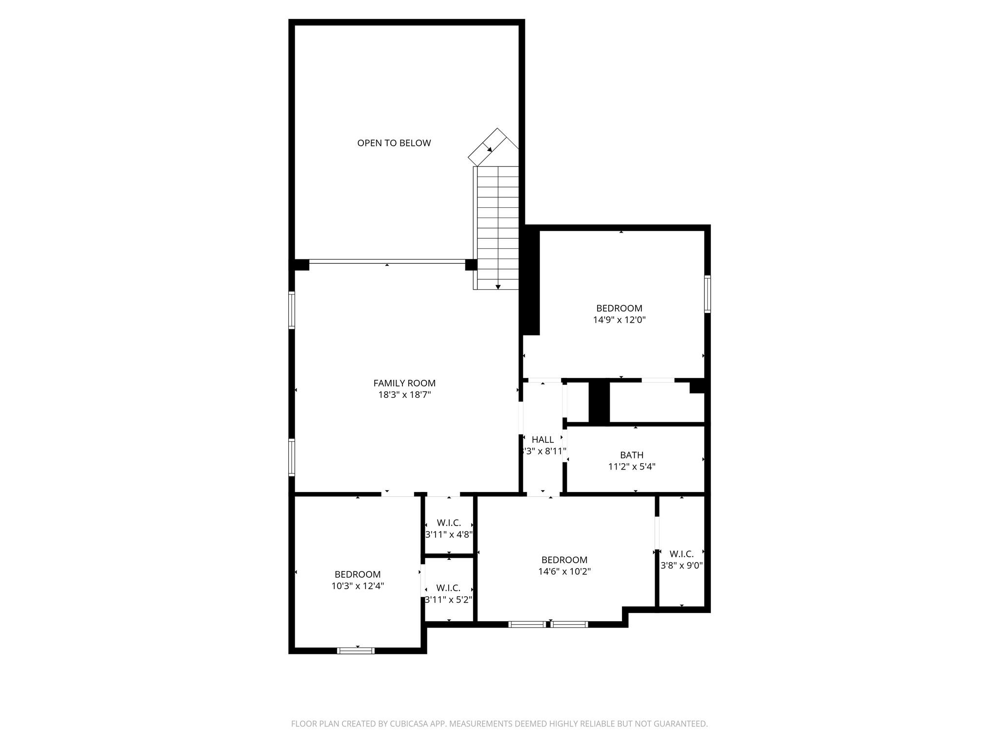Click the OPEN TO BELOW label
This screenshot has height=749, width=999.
click(x=394, y=143)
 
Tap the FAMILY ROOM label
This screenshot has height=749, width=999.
click(x=404, y=383)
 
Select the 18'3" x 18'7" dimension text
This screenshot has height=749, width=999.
click(x=404, y=395)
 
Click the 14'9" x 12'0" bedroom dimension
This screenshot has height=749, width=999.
click(x=619, y=320)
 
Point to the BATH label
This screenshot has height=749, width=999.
click(x=631, y=455)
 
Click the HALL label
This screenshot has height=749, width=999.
click(x=542, y=440)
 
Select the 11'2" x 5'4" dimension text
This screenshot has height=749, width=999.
click(x=631, y=467)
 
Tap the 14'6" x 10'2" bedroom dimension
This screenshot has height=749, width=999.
click(x=564, y=572)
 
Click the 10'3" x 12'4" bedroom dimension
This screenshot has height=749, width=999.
click(x=358, y=586)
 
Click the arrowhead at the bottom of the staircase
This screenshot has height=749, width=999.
click(x=498, y=287)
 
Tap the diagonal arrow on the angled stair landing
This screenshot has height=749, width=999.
click(x=488, y=147)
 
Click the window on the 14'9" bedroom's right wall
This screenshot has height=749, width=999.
click(x=707, y=294)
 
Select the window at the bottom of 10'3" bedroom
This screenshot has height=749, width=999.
click(x=356, y=650)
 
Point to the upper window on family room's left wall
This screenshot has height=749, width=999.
click(x=292, y=310)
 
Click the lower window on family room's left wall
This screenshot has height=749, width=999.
click(x=292, y=457)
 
